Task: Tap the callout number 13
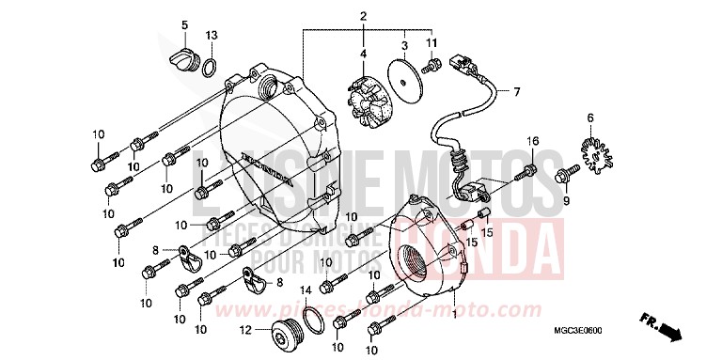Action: [212, 35]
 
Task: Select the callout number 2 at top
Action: [363, 17]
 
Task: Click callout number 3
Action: [403, 44]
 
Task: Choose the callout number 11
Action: [432, 44]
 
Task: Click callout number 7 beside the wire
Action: [515, 92]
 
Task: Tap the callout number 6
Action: [590, 117]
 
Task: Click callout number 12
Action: [243, 330]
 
